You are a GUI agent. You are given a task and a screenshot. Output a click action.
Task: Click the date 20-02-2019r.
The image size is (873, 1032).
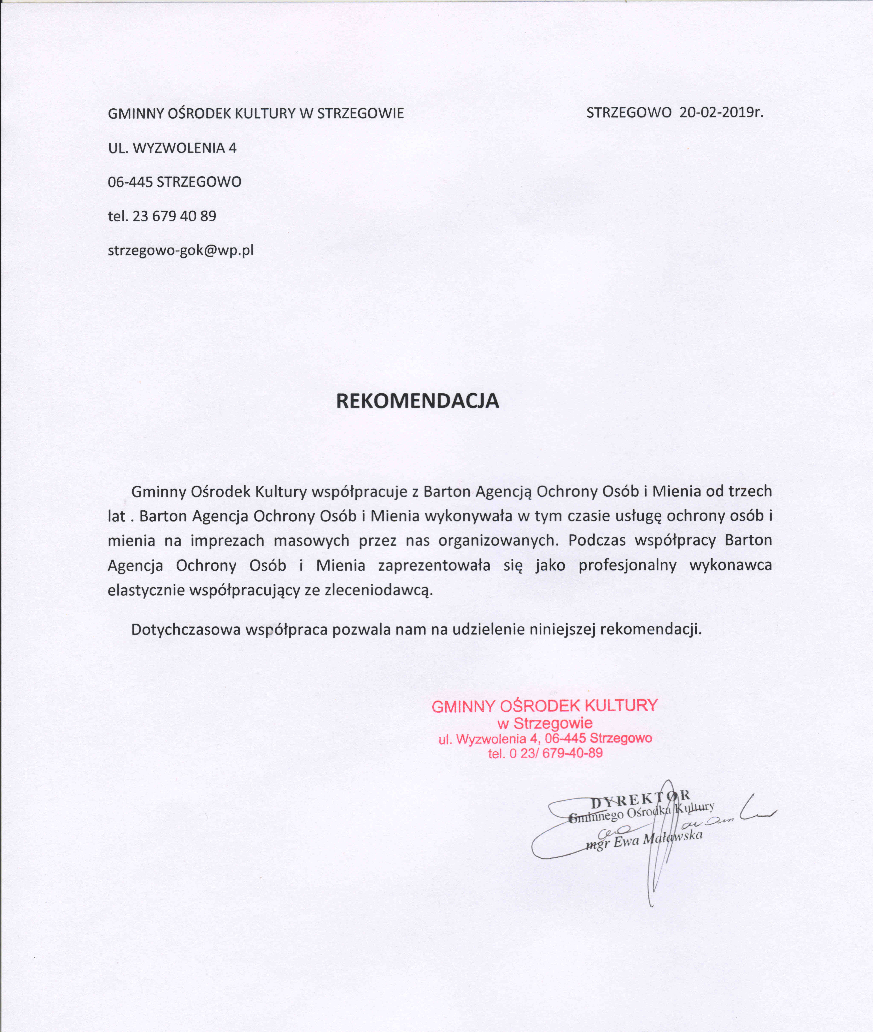pos(722,113)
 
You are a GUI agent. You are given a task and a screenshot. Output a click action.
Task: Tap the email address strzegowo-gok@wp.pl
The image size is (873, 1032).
pos(181,250)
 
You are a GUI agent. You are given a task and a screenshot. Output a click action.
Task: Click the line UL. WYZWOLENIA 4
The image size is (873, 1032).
pos(172,148)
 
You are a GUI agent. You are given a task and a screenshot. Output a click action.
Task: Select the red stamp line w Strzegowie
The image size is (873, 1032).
pos(545,723)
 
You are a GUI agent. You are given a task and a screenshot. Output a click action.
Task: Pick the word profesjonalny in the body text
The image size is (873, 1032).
pos(627,565)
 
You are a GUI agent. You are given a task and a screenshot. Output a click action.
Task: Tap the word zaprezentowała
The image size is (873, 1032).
pos(434,565)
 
